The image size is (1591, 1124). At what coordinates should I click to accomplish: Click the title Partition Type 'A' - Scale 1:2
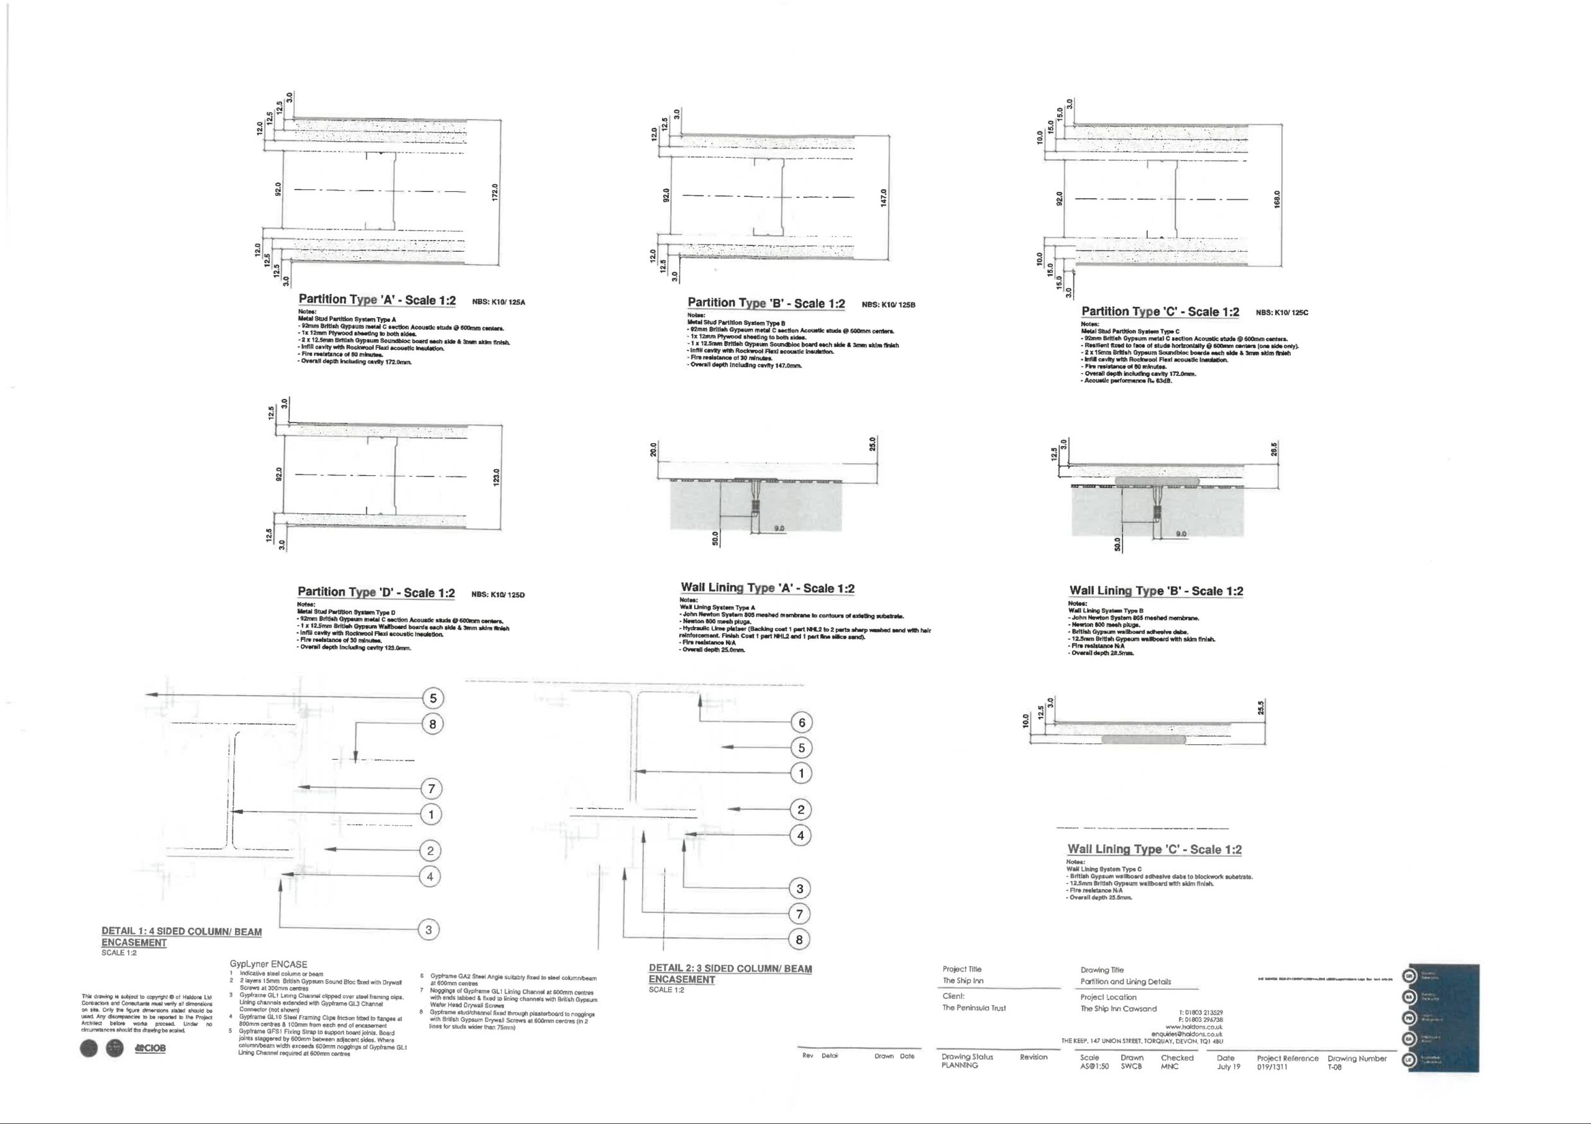pos(377,300)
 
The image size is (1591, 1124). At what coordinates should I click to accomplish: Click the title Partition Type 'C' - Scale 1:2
pos(1160,312)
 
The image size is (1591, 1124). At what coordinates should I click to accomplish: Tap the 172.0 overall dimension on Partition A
pos(494,193)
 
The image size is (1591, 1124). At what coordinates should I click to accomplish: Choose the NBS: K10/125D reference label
pos(498,595)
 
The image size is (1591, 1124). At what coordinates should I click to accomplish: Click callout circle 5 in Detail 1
pos(433,698)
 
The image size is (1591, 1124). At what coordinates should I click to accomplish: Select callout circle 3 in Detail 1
pos(429,930)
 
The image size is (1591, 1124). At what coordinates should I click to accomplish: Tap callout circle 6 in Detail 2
pos(802,723)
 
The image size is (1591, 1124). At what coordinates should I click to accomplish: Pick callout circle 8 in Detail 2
pos(799,939)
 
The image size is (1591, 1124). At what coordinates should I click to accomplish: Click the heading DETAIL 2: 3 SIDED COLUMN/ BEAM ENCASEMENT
pos(730,974)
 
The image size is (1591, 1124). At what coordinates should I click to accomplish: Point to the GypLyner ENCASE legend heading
pos(268,964)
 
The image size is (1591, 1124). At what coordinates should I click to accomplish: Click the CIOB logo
pos(150,1048)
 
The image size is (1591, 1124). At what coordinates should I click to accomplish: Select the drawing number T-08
pos(1334,1067)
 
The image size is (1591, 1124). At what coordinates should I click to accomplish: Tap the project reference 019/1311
pos(1272,1067)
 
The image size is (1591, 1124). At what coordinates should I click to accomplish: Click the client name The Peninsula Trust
pos(974,1008)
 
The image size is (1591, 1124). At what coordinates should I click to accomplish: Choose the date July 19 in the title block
pos(1229,1067)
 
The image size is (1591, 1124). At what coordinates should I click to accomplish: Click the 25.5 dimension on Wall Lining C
pos(1261,708)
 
